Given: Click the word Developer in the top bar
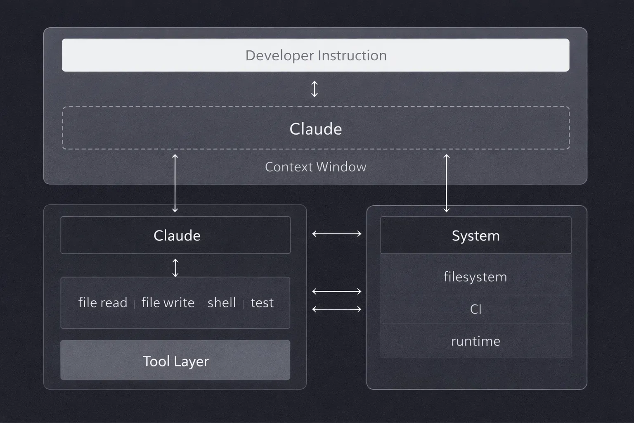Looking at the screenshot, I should [279, 55].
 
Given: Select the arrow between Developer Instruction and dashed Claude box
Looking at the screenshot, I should [315, 89].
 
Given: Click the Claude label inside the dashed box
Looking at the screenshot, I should [316, 129].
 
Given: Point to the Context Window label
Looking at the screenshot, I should [316, 167].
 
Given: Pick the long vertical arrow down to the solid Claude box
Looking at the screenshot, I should [175, 183].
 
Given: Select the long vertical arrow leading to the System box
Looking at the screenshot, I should [446, 183].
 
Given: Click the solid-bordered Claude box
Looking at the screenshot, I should [176, 235].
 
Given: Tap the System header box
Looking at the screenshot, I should [475, 235].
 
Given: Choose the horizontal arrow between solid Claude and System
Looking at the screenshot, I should [337, 234].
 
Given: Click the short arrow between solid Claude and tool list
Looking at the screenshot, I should [175, 268].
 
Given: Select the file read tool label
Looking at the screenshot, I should [103, 303].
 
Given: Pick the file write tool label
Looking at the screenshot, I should [168, 303].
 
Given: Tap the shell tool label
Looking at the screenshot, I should [222, 303].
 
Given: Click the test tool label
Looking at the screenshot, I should [262, 303].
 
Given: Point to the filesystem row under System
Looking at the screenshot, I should [475, 277].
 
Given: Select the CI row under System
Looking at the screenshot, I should [475, 309].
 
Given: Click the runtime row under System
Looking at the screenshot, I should [475, 341].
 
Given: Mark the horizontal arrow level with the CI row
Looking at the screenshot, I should [337, 309].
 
